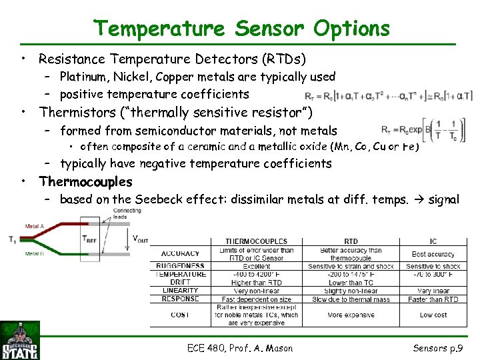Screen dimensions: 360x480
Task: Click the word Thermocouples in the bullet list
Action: coord(85,181)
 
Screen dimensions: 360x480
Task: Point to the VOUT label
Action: coord(141,239)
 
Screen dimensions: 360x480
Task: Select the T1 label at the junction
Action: coord(13,240)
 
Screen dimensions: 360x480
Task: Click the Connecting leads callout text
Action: coord(127,213)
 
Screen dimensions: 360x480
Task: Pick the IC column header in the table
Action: coord(433,241)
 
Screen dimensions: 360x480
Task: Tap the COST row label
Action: coord(179,314)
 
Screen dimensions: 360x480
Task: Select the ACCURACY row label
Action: coord(180,253)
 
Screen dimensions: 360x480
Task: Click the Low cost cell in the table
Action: coord(433,314)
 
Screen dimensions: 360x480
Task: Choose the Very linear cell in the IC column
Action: coord(433,291)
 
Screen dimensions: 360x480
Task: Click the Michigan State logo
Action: coord(20,340)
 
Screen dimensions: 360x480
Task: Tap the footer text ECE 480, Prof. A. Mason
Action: coord(240,347)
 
